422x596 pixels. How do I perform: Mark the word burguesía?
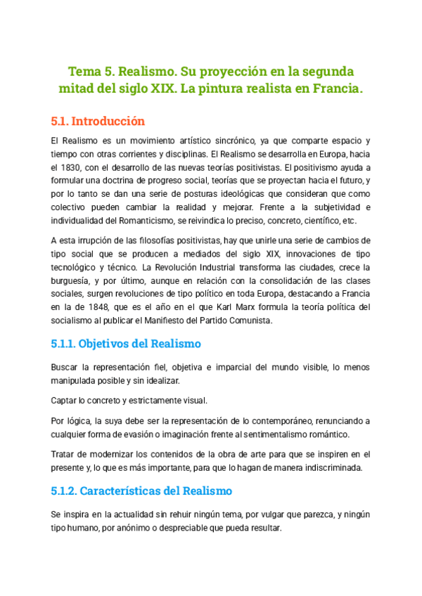click(x=72, y=281)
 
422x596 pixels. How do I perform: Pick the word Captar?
click(x=66, y=401)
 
